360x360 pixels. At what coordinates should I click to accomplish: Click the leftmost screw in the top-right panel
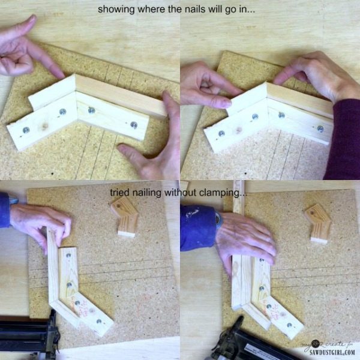(221, 133)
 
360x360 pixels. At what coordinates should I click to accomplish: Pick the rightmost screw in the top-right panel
(320, 128)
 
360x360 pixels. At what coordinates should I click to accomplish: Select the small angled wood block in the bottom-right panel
(318, 223)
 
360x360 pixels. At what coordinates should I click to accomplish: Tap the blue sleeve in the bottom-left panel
(5, 210)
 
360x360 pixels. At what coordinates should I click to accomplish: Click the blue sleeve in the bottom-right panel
(198, 228)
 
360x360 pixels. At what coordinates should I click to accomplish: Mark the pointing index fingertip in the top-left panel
(60, 73)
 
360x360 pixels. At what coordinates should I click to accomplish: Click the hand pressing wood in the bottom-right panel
(246, 240)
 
